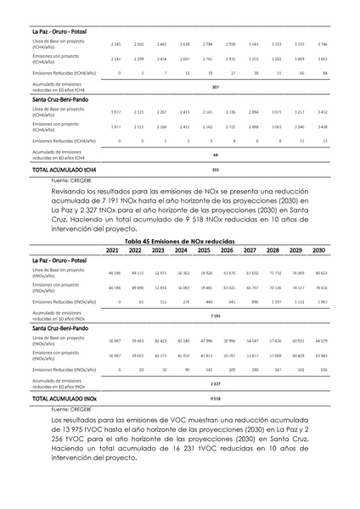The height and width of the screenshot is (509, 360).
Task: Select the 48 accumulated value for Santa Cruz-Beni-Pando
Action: tap(215, 155)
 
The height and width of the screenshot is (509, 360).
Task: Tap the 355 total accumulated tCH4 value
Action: tap(215, 170)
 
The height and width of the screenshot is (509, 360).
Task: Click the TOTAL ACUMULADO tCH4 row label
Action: tap(64, 170)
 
